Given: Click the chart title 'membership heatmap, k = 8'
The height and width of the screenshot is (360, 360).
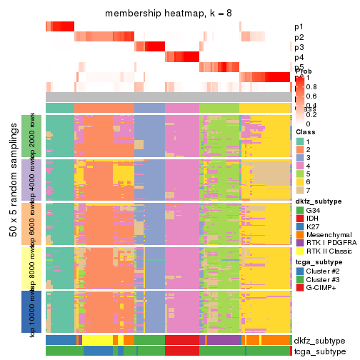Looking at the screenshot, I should pos(168,14).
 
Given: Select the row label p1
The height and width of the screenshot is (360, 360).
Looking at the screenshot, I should pos(299,27).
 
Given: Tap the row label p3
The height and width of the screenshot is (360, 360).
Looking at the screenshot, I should pos(299,47).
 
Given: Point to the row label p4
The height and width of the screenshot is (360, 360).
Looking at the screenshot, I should pos(299,57).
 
